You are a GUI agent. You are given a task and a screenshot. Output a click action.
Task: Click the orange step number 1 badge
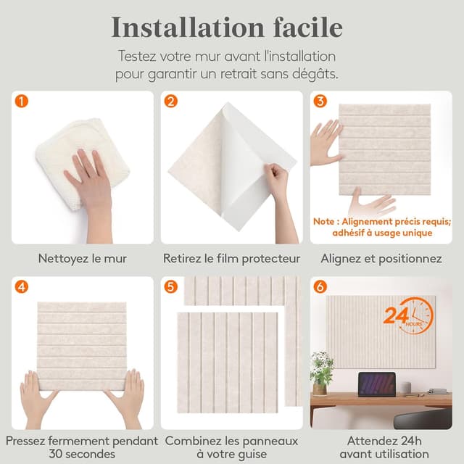[x=22, y=101]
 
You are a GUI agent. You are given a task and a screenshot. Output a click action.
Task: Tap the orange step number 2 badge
[x=171, y=101]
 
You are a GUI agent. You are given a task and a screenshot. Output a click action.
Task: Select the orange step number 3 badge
[x=320, y=101]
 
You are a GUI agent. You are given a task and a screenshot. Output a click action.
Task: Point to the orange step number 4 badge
[x=22, y=287]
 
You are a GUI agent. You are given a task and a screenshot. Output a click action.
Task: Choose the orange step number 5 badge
[x=171, y=287]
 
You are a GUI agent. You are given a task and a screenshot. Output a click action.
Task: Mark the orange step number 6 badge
[x=320, y=287]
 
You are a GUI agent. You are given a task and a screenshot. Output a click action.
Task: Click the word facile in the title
[x=307, y=28]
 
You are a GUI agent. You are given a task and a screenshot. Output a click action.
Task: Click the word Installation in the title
[x=188, y=28]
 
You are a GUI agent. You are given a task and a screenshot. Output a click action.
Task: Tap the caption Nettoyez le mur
[x=82, y=259]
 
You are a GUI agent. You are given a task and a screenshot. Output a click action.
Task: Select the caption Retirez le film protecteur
[x=231, y=259]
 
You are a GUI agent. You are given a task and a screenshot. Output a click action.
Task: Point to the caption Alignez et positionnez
[x=381, y=259]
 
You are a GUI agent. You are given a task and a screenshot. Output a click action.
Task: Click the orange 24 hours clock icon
[x=409, y=316]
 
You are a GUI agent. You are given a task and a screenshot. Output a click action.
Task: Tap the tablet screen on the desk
[x=377, y=384]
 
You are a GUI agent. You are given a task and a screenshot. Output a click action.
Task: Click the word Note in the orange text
[x=324, y=221]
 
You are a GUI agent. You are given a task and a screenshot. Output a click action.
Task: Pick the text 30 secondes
[x=82, y=454]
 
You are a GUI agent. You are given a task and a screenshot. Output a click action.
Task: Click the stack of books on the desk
[x=438, y=391]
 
